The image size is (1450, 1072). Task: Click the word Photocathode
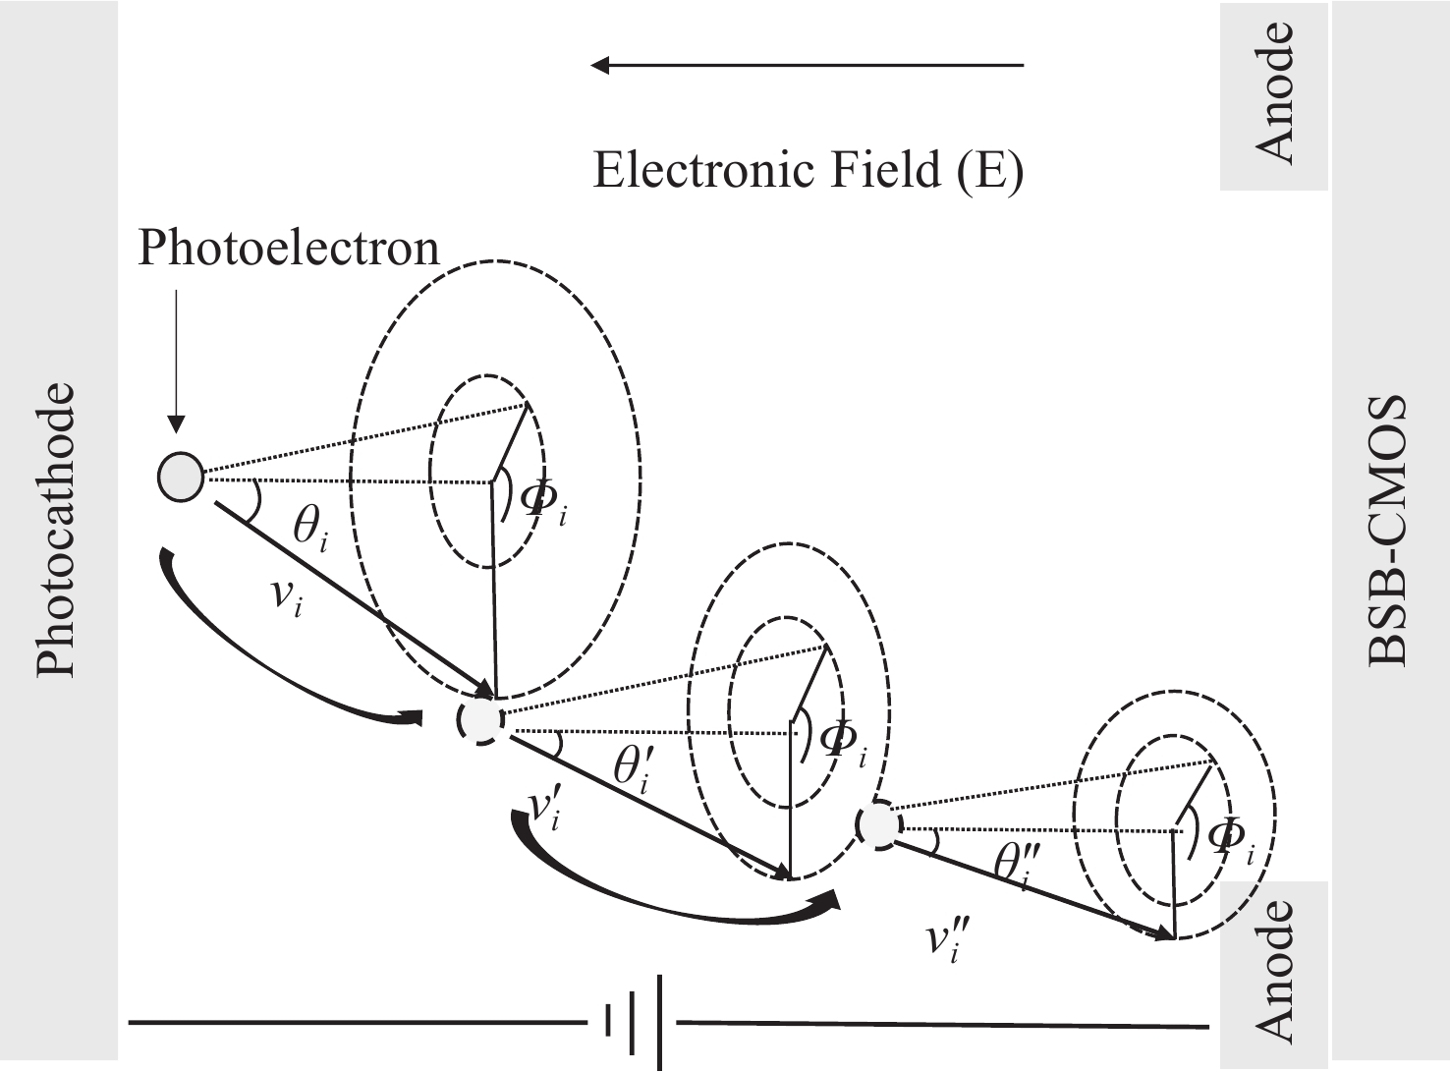point(56,530)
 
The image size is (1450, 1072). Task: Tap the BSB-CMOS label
point(1387,530)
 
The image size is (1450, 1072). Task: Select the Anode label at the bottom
point(1274,971)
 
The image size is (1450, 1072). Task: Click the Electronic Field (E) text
point(808,171)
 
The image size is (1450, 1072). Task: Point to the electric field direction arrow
point(806,66)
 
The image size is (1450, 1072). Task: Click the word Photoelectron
point(288,248)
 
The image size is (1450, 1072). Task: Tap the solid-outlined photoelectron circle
point(181,477)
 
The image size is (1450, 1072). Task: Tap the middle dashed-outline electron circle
point(481,720)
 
